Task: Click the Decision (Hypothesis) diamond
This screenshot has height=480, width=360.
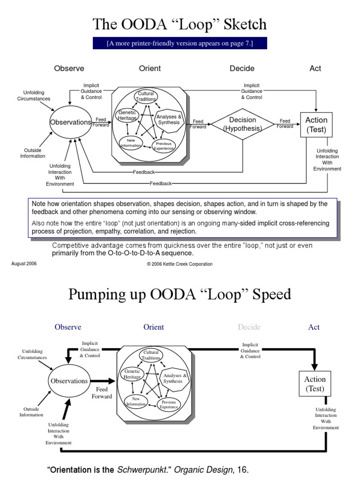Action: click(x=242, y=124)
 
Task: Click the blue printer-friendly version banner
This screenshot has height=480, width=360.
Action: click(x=180, y=44)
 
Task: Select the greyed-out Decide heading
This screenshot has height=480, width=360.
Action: click(x=249, y=327)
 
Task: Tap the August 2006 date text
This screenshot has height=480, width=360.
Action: click(x=24, y=263)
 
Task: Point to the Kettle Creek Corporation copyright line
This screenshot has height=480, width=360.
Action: click(x=180, y=264)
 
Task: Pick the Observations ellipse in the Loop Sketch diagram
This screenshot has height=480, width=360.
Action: click(x=70, y=122)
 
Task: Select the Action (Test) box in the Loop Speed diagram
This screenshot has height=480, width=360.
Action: click(x=315, y=383)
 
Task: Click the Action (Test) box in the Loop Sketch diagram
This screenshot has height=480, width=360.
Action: click(x=316, y=125)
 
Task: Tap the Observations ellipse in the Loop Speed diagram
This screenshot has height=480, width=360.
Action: click(x=68, y=381)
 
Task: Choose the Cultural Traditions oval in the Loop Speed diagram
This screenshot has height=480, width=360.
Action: click(x=150, y=355)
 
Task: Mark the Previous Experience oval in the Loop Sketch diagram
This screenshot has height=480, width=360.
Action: click(x=163, y=146)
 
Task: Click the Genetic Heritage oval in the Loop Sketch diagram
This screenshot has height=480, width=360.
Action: click(x=127, y=115)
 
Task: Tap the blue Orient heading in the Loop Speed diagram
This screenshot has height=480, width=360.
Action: click(x=154, y=327)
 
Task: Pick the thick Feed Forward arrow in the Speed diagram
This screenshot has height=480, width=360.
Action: click(x=103, y=381)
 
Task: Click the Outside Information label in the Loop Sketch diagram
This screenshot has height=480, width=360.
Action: click(x=32, y=153)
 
